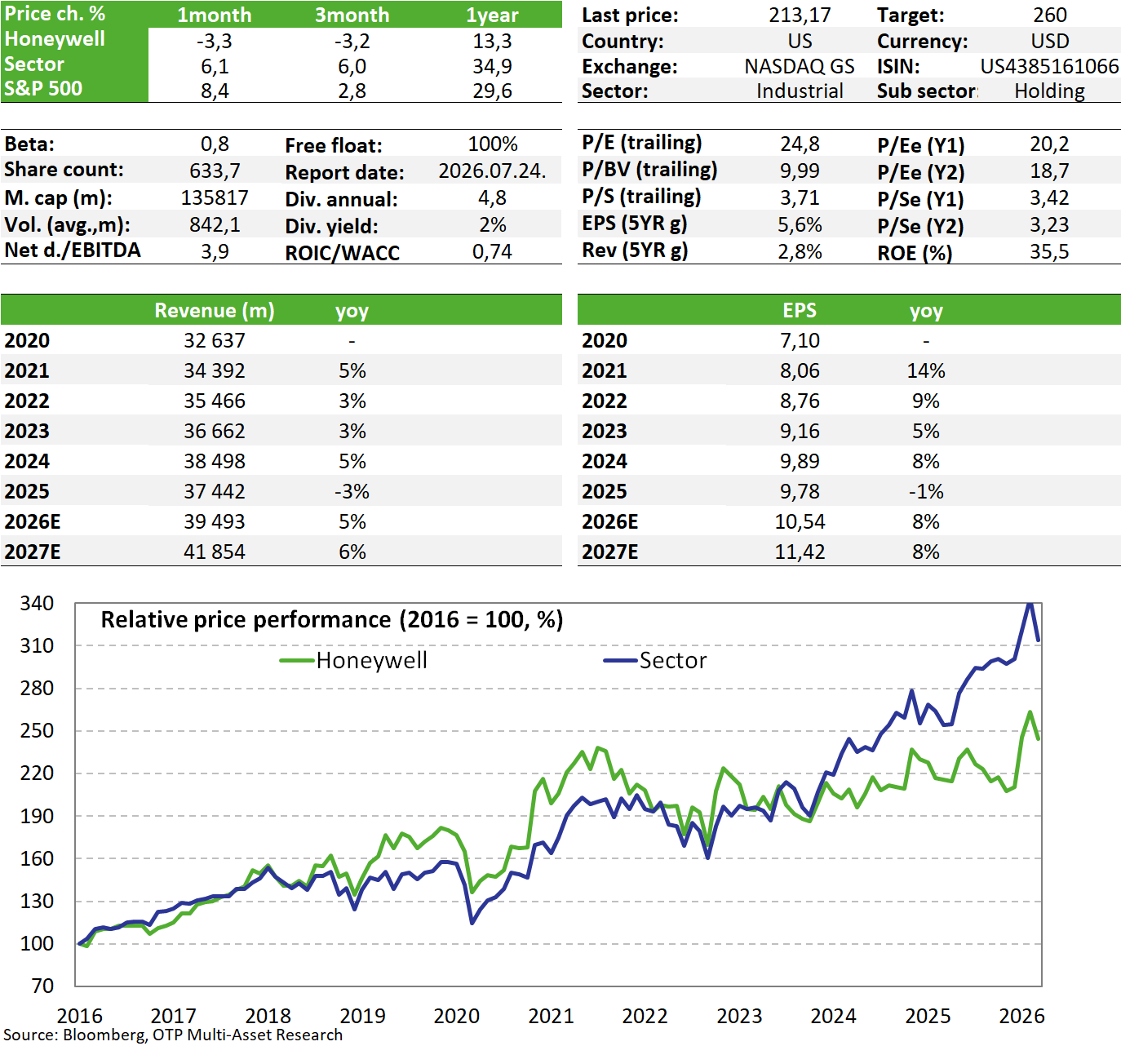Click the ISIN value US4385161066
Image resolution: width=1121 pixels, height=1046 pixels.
coord(1048,67)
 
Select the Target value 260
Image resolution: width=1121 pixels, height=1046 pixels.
coord(1049,15)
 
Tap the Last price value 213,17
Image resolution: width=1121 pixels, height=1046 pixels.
coord(800,15)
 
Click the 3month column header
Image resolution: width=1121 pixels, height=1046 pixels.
coord(352,16)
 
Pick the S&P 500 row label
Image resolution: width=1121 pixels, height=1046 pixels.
coord(43,89)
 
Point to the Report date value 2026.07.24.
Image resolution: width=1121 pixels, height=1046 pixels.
coord(492,171)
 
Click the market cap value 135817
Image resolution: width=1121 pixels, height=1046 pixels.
coord(215,198)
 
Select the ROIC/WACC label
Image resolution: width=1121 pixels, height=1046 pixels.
coord(342,253)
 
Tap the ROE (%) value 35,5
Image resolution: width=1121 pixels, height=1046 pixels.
coord(1049,252)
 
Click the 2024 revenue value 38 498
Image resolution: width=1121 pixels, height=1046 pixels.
coord(215,461)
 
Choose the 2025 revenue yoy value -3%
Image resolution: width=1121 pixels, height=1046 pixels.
coord(352,492)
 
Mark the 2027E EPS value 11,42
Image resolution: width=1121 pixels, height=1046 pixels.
coord(800,552)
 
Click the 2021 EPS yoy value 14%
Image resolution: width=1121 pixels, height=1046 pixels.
coord(926,371)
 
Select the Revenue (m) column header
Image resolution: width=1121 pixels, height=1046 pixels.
coord(215,311)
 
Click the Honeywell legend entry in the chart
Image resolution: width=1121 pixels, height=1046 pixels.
coord(353,660)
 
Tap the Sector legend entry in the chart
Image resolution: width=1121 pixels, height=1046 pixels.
coord(655,660)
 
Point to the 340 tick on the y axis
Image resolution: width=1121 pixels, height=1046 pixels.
coord(37,604)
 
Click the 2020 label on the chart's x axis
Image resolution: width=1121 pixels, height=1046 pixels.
coord(456,1016)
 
